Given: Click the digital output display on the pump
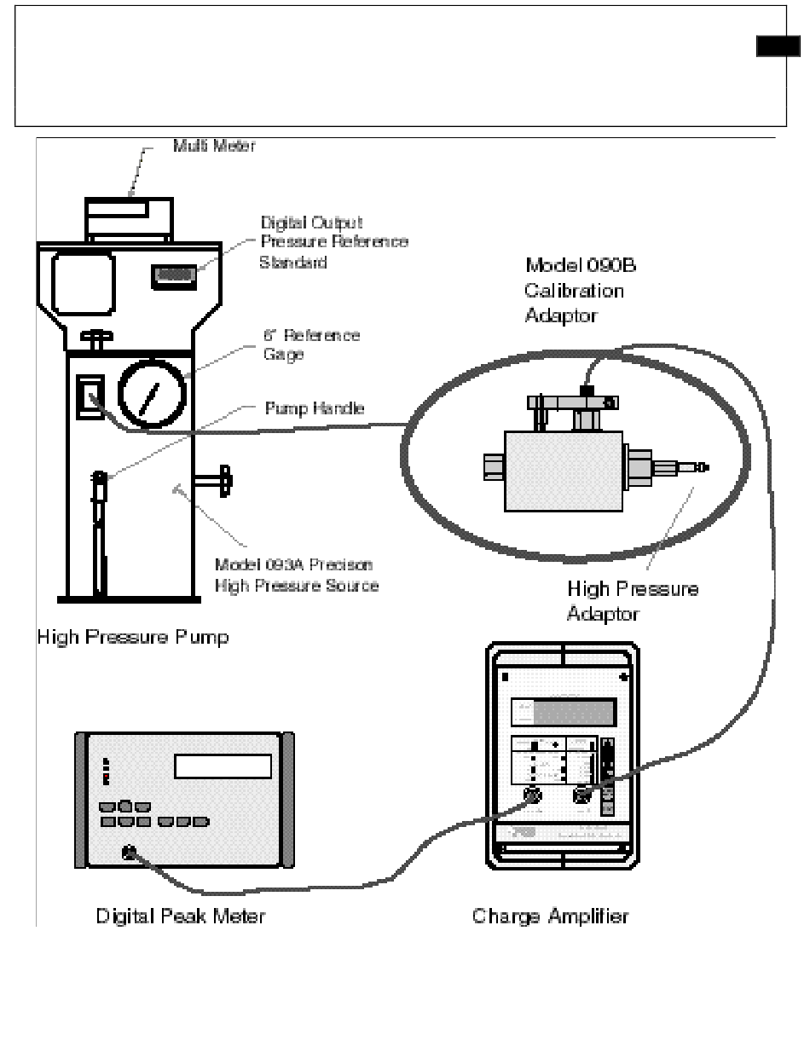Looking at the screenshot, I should [175, 275].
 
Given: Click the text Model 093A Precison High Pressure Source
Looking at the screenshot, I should [296, 575].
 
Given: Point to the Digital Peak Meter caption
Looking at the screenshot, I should [180, 917].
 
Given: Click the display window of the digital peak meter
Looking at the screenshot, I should [223, 766].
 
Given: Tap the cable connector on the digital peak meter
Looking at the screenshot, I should [129, 851].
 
